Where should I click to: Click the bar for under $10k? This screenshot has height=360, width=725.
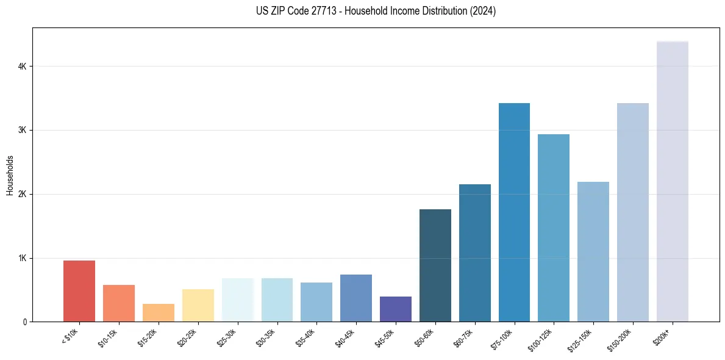[79, 291]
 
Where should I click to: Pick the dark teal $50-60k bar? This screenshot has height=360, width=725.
[435, 265]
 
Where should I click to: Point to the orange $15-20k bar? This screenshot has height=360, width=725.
[159, 312]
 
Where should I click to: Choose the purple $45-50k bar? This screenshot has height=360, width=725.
[396, 309]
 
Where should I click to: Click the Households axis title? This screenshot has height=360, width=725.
[10, 175]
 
